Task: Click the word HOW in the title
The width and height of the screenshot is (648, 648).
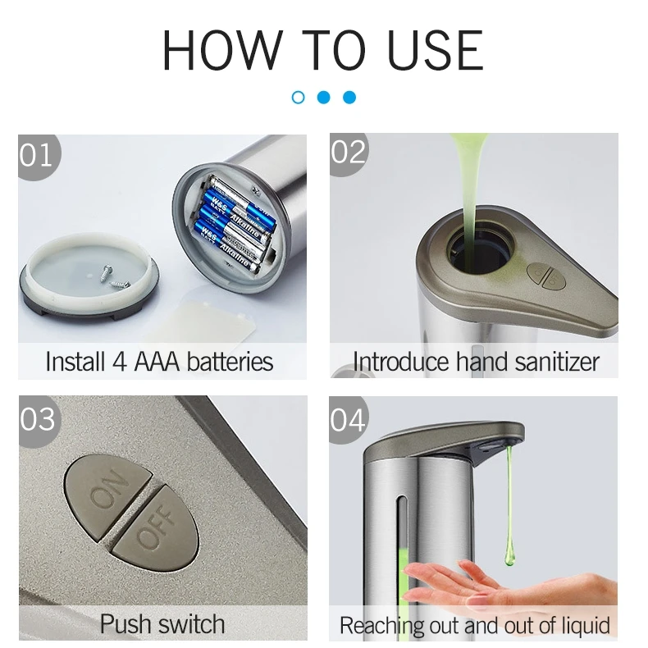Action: pos(222,50)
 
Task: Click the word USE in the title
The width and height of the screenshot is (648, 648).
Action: pos(436,50)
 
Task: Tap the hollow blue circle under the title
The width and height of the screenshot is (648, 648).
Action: pos(298,98)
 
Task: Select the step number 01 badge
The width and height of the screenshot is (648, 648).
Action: pos(36,155)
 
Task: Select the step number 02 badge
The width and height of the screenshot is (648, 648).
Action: pos(349,152)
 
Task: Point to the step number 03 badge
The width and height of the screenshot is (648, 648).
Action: pos(37,419)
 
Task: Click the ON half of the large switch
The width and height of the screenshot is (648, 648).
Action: pos(107,490)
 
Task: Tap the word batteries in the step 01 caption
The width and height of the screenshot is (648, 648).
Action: pos(230,362)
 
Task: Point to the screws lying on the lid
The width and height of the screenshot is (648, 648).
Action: pos(115,277)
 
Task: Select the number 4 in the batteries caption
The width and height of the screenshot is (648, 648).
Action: pos(120,362)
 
